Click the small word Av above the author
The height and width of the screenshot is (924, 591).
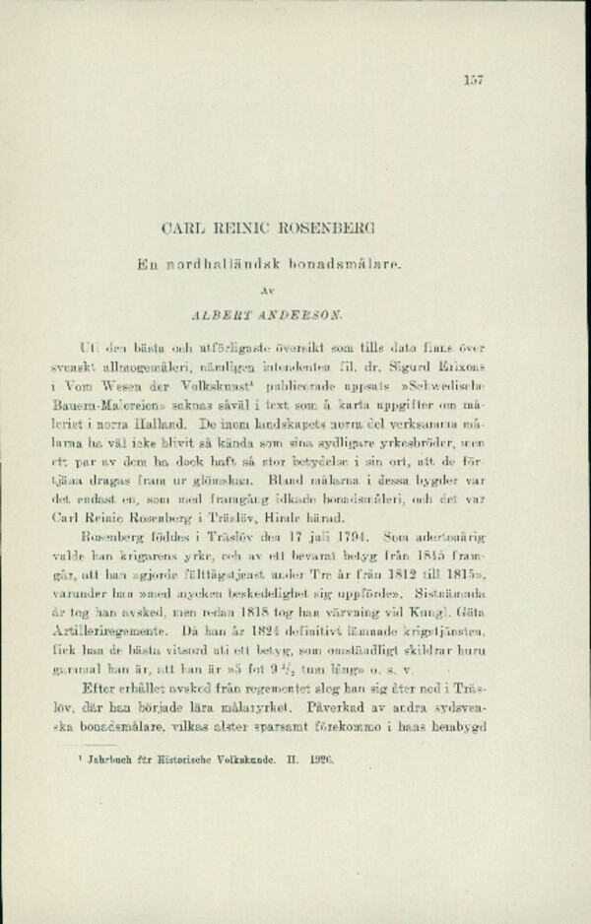(x=295, y=291)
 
